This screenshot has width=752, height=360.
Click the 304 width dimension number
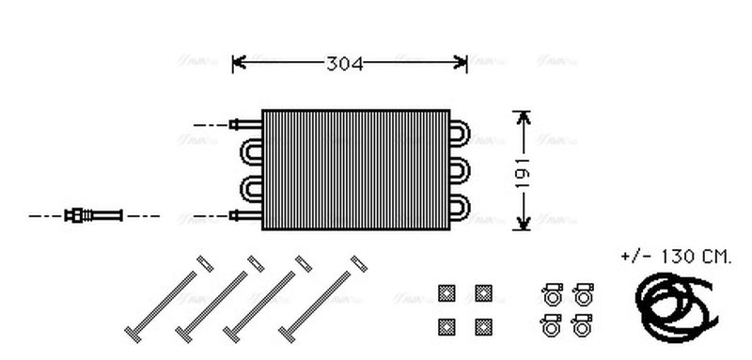click(345, 63)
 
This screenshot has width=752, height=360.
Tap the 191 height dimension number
click(524, 170)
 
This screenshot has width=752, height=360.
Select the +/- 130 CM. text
click(674, 257)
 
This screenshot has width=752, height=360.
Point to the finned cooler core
click(355, 169)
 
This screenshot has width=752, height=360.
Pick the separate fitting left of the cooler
click(93, 215)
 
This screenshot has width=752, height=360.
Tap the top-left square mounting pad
click(446, 292)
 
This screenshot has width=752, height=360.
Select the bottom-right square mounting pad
click(483, 326)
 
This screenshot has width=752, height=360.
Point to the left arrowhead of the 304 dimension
click(238, 63)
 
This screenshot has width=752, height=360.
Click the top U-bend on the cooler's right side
click(461, 134)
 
